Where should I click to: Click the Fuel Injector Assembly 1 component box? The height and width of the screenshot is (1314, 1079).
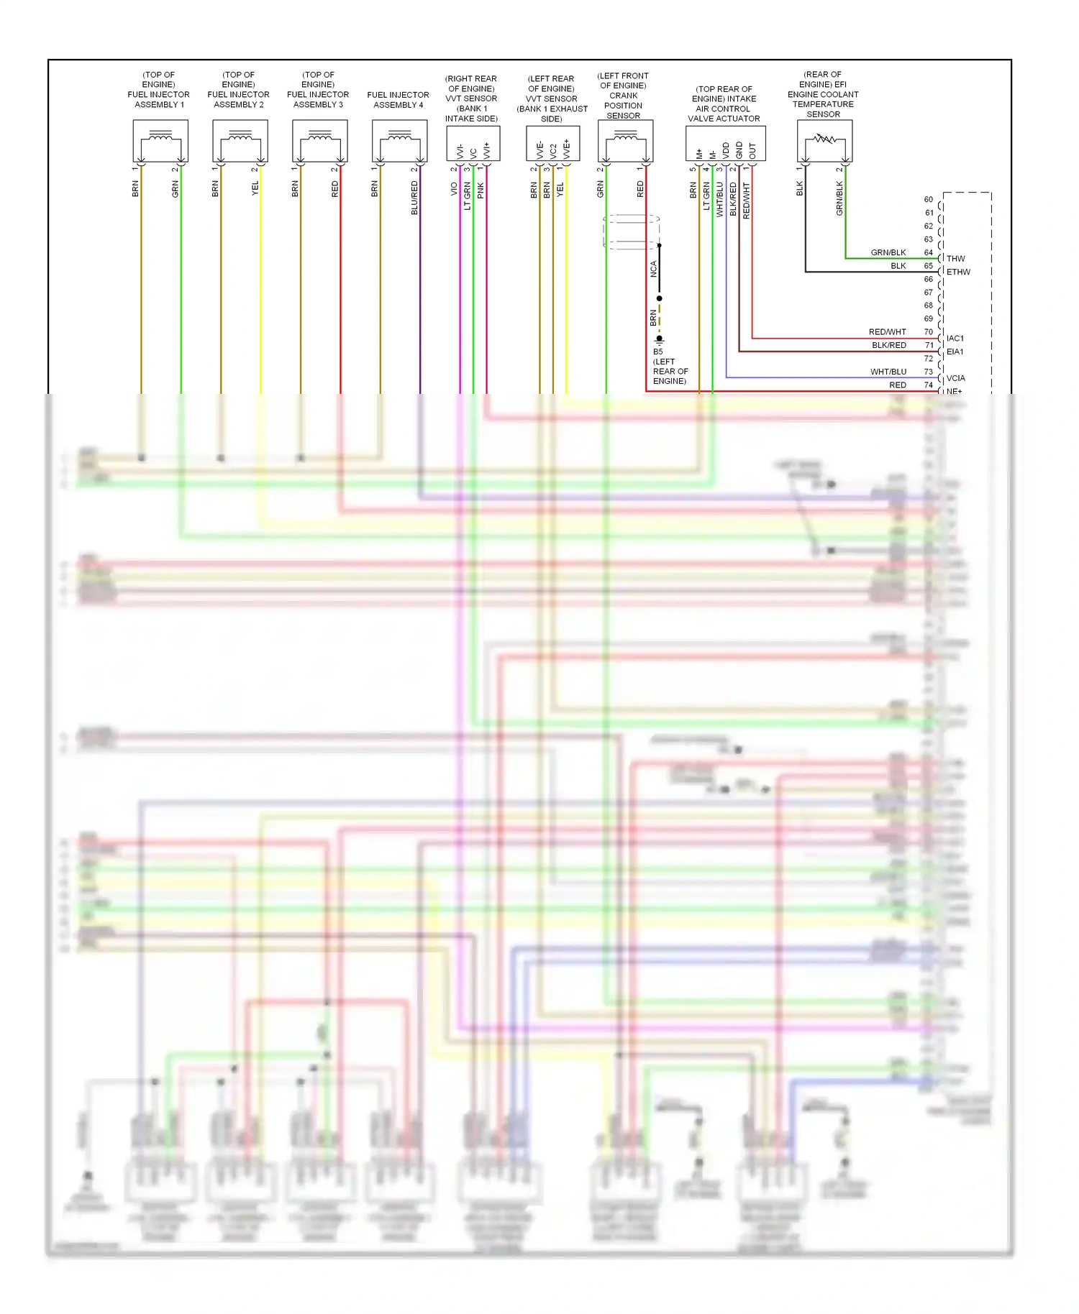tap(160, 141)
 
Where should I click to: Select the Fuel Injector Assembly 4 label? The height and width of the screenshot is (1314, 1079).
tap(398, 100)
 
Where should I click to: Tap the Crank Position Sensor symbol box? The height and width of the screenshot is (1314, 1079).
tap(625, 141)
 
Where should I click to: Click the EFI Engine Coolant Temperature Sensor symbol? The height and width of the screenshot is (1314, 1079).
tap(824, 141)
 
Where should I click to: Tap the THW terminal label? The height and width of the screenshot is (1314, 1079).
tap(955, 259)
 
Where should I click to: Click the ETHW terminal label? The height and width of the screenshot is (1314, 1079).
tap(958, 272)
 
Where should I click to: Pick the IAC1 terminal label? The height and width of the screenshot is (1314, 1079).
tap(955, 339)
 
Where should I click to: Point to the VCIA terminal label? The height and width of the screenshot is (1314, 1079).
tap(955, 378)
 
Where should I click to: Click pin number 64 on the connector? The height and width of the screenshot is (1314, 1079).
tap(928, 253)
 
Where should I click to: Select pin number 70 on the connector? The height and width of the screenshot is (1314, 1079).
tap(928, 332)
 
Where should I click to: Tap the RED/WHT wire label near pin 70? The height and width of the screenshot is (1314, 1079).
tap(887, 332)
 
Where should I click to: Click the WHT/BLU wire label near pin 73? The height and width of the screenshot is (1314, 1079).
tap(888, 372)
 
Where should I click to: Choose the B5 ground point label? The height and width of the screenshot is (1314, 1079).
tap(657, 352)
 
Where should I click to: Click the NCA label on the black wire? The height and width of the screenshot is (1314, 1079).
tap(653, 269)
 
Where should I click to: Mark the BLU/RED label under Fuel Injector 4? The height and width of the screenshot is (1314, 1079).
tap(414, 198)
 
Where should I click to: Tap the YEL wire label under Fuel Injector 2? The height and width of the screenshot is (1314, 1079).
tap(255, 188)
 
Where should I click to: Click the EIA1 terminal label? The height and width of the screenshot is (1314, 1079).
tap(955, 352)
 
